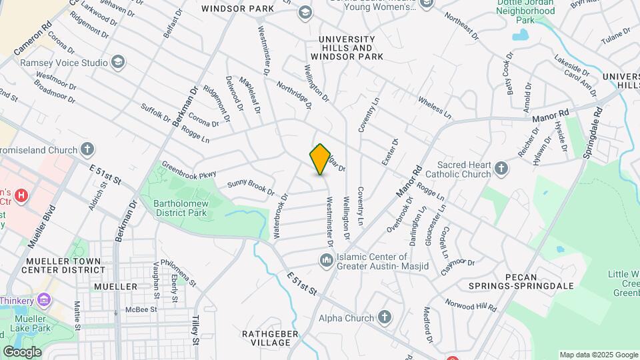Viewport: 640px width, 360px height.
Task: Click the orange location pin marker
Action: (321, 159)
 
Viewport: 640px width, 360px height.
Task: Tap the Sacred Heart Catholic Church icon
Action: (501, 169)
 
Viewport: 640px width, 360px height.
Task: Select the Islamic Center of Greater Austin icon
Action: (327, 259)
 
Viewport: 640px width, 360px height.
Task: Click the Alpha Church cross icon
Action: (384, 317)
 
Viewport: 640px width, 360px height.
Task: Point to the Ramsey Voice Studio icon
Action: (118, 63)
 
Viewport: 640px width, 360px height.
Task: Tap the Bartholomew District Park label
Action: (180, 207)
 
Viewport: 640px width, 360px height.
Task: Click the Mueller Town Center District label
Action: (63, 265)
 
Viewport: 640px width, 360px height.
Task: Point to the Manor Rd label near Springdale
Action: (550, 118)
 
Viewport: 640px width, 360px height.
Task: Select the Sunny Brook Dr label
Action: (251, 187)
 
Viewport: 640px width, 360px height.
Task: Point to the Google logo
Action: (22, 351)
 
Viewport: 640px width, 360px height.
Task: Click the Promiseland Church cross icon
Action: (87, 148)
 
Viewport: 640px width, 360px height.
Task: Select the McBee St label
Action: (143, 309)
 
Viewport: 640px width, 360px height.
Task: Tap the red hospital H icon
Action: (21, 195)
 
